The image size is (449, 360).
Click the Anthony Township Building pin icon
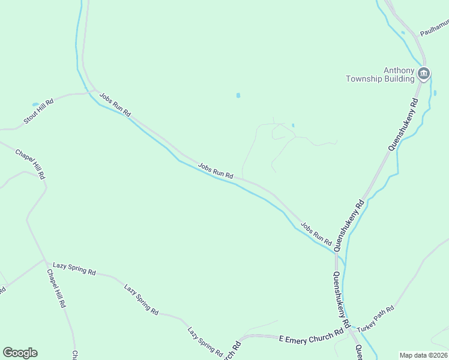pos(423,74)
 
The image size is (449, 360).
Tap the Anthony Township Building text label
pos(381,74)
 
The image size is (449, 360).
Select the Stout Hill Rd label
pos(38,111)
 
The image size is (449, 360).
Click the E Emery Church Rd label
pos(311,335)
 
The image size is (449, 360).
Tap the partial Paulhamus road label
pos(435,27)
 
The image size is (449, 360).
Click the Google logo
pos(20,353)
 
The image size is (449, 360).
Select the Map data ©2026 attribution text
pos(424,355)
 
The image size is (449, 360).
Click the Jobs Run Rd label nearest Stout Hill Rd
pos(115,104)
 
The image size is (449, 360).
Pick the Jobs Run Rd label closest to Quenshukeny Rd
pos(316,233)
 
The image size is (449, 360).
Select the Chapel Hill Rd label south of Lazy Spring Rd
pos(56,289)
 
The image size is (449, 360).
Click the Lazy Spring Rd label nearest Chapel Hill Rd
pos(74,268)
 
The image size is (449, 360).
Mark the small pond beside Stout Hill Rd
pos(35,104)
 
